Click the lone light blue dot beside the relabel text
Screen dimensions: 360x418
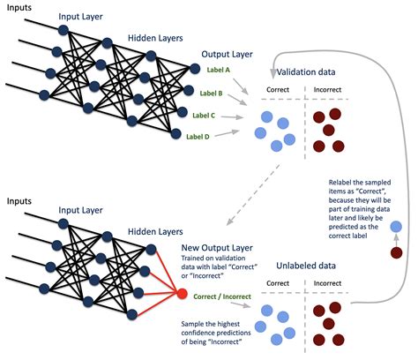pos(397,227)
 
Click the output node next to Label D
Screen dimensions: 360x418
pos(175,135)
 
